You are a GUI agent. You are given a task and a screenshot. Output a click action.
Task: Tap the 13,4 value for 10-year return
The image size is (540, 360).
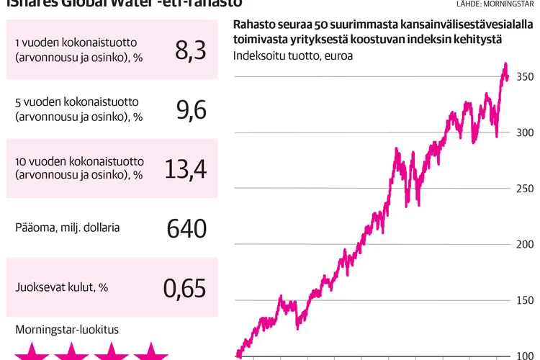point(185,168)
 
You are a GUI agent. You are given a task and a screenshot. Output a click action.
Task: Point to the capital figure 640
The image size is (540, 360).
point(186,228)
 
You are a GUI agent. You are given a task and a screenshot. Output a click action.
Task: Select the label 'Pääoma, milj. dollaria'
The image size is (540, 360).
point(67,228)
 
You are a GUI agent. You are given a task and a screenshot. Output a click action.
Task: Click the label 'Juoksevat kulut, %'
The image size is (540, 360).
point(61,287)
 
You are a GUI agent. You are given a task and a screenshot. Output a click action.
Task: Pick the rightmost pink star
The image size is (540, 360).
point(150,353)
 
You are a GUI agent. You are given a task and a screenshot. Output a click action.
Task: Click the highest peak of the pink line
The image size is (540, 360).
point(505,65)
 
